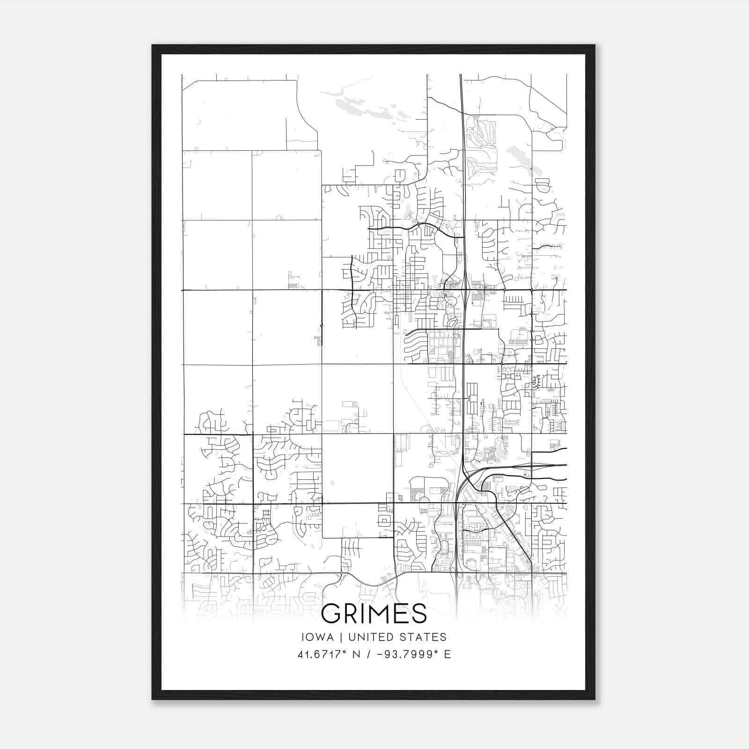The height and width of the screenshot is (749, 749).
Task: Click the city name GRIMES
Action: (x=374, y=613)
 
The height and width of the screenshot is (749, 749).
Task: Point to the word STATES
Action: (x=426, y=637)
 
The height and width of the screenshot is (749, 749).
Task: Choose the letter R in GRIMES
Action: (x=351, y=613)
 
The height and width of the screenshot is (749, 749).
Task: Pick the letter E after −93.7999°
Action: (x=448, y=654)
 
